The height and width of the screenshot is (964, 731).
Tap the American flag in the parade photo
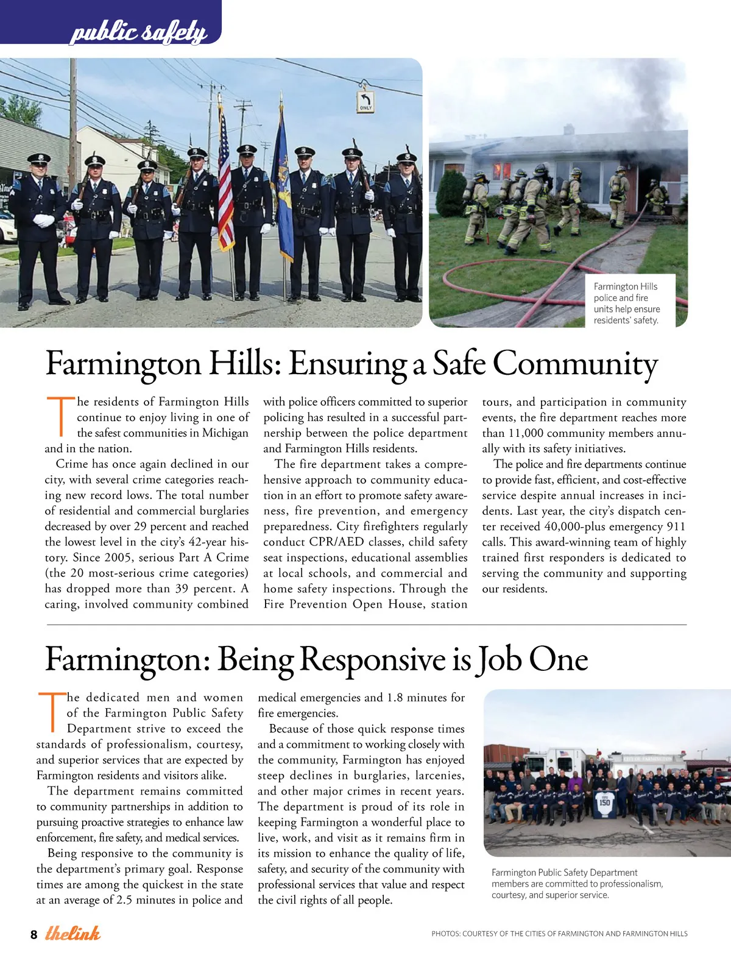[x=225, y=183]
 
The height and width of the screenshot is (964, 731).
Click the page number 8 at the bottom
[x=34, y=935]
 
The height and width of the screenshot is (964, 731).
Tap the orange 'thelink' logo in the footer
[x=72, y=933]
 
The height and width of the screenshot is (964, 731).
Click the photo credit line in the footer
[x=559, y=934]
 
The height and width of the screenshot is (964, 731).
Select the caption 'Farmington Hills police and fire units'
[x=627, y=303]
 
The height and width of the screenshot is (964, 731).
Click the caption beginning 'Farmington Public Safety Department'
[x=577, y=884]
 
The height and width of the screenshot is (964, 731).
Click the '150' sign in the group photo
[x=604, y=803]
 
